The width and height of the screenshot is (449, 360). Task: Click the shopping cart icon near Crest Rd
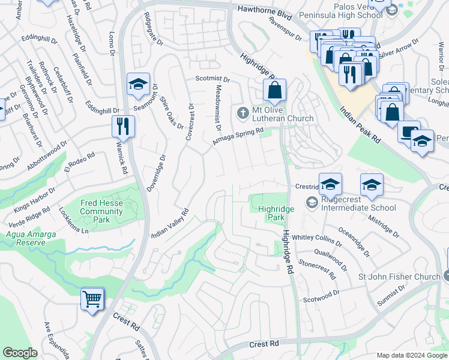[92, 299]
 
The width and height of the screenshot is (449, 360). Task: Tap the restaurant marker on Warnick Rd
[123, 126]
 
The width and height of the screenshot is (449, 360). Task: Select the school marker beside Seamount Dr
[138, 85]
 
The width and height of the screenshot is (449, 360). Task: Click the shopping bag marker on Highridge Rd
[274, 91]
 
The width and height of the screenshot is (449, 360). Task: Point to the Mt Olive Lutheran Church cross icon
[243, 112]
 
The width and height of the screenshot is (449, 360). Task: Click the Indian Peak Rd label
[360, 125]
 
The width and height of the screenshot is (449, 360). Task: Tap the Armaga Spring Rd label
[238, 136]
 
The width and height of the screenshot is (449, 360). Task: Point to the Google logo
[20, 353]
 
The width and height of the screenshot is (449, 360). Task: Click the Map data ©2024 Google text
[411, 355]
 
